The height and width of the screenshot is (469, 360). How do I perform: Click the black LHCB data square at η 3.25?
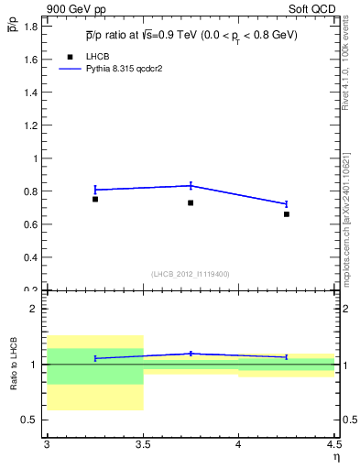pyautogui.click(x=94, y=199)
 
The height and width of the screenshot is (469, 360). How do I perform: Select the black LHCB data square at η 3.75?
pyautogui.click(x=191, y=202)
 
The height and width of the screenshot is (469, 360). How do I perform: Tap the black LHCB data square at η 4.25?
pyautogui.click(x=287, y=214)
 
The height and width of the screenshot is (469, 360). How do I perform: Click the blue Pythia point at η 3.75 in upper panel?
pyautogui.click(x=191, y=185)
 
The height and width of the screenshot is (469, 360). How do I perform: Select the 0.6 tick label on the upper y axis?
pyautogui.click(x=30, y=224)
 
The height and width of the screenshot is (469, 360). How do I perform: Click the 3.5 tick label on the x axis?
pyautogui.click(x=142, y=446)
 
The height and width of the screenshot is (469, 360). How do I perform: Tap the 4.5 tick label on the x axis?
pyautogui.click(x=333, y=446)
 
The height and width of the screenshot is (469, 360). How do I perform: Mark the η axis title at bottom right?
pyautogui.click(x=335, y=457)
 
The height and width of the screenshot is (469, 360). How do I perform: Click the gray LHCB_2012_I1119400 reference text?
pyautogui.click(x=191, y=274)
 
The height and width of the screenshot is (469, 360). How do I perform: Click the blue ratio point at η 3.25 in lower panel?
pyautogui.click(x=94, y=358)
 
